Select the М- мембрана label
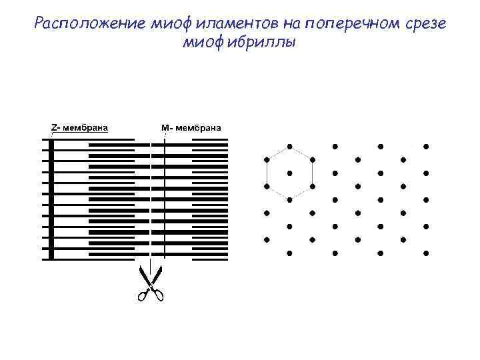click(x=191, y=128)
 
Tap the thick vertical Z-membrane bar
click(x=51, y=200)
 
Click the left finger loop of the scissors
click(x=141, y=295)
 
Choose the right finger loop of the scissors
click(x=159, y=294)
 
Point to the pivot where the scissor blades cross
click(x=150, y=283)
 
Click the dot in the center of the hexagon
click(x=289, y=173)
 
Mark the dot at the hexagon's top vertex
click(x=289, y=146)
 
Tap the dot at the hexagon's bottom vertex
click(x=289, y=199)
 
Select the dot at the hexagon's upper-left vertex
click(x=267, y=159)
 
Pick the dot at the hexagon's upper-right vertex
click(x=312, y=159)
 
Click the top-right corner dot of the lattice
click(x=426, y=146)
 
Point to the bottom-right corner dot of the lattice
click(x=426, y=253)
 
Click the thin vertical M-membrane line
click(x=164, y=200)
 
